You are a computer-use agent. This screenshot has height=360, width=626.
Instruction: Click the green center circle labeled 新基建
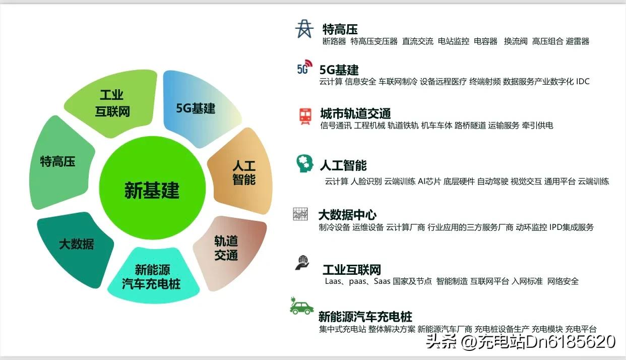point(152,190)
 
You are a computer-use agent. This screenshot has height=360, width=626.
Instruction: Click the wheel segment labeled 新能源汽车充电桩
point(151,276)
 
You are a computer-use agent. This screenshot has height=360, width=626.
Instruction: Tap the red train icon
point(305,115)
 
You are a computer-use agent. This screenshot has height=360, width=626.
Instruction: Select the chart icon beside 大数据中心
point(300,214)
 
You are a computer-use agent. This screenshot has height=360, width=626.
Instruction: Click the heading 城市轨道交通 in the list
point(355,113)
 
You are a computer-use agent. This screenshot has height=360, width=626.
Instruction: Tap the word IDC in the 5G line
point(583,81)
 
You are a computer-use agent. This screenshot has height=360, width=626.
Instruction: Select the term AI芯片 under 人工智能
point(429,181)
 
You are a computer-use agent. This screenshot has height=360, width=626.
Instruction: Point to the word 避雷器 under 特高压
point(578,41)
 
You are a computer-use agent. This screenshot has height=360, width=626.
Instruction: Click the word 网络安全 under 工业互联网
point(563,281)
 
